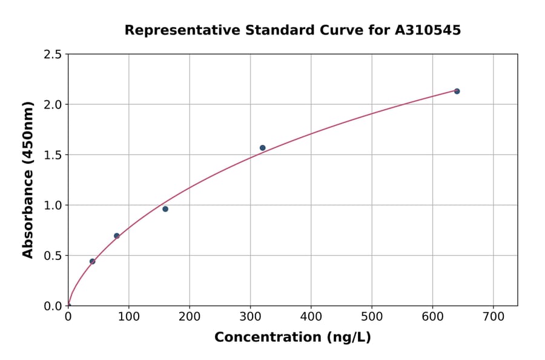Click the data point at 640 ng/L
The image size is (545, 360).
[x=457, y=92]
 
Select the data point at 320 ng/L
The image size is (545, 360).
[x=262, y=148]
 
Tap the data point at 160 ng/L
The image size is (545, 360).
[x=165, y=209]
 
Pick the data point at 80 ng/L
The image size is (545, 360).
[x=117, y=236]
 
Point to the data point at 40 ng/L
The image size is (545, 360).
[x=92, y=261]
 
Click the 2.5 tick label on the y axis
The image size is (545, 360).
[x=53, y=55]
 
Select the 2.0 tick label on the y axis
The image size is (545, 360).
[x=53, y=105]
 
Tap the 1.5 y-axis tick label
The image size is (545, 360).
[x=53, y=155]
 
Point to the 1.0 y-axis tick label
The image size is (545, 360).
[x=53, y=205]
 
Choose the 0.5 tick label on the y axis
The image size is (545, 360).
[x=53, y=256]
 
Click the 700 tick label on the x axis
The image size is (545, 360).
[x=493, y=317]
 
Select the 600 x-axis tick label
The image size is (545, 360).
[x=432, y=317]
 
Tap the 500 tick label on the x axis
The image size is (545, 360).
[x=372, y=317]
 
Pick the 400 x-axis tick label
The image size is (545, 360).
[x=311, y=317]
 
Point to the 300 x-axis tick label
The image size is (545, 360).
[x=250, y=317]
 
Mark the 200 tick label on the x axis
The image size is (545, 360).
[x=190, y=317]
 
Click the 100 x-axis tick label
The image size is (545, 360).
[x=128, y=317]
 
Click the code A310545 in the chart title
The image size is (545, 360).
[x=428, y=30]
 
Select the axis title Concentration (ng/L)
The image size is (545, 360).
[x=292, y=338]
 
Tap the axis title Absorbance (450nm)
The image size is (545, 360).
[x=28, y=180]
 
